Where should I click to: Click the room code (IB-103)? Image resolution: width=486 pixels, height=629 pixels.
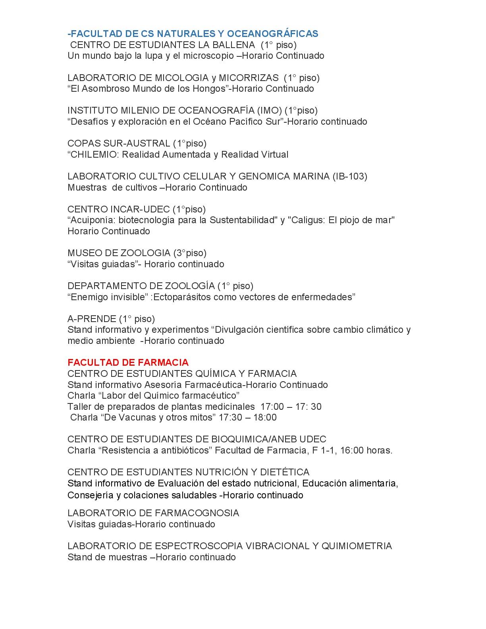pos(350,176)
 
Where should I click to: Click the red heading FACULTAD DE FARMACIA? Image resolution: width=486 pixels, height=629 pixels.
pos(128,363)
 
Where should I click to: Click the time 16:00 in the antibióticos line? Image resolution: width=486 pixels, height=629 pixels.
pos(351,450)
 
